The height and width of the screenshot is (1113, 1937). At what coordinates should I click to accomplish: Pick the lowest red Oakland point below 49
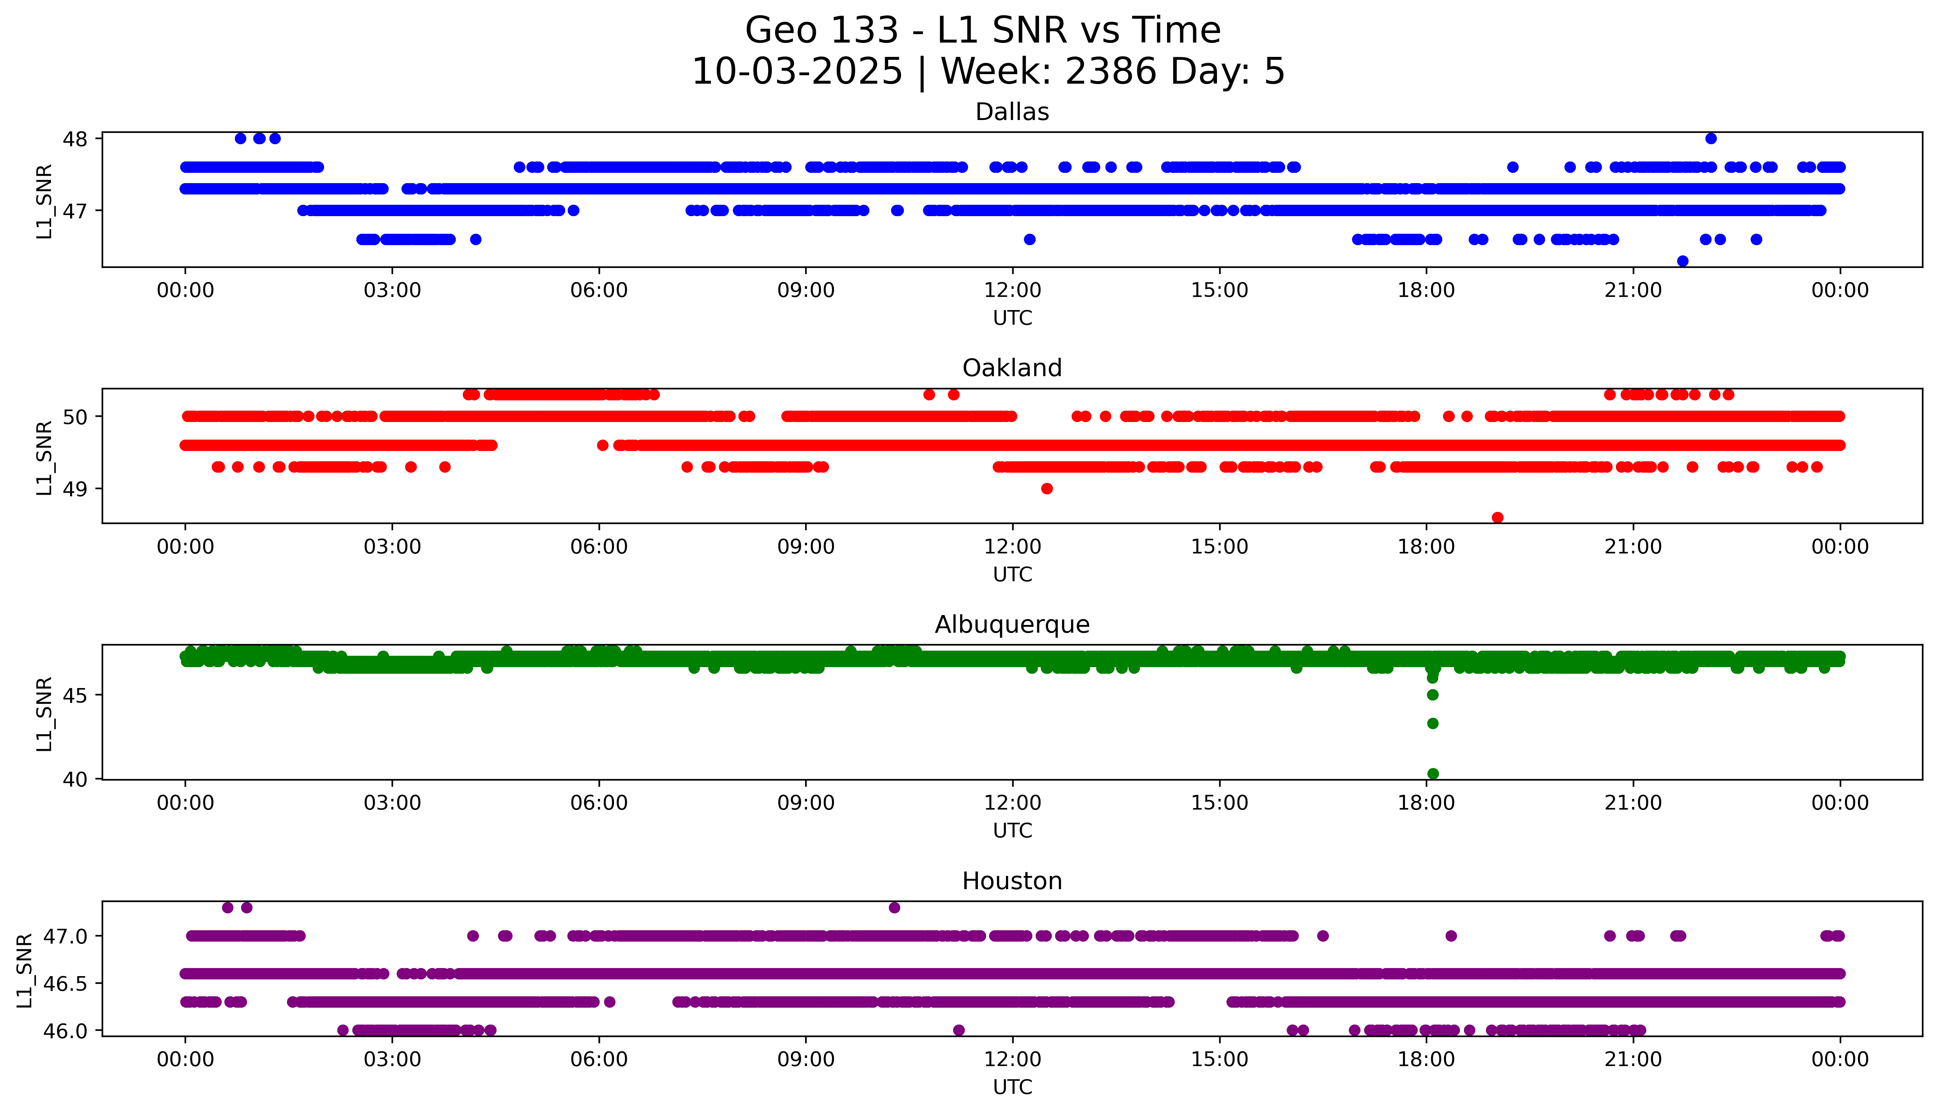[x=1497, y=517]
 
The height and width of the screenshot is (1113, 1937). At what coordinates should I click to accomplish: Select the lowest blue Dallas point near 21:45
[x=1682, y=261]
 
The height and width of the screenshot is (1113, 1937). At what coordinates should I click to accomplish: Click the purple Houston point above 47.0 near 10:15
[x=894, y=908]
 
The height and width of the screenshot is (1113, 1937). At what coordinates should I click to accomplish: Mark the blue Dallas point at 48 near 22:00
[x=1711, y=138]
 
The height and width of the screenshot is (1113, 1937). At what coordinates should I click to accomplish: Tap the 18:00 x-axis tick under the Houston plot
[x=1427, y=1059]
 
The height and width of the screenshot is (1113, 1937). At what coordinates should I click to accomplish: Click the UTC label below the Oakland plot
[x=1012, y=574]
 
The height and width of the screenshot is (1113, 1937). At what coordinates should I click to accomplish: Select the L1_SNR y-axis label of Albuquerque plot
[x=44, y=713]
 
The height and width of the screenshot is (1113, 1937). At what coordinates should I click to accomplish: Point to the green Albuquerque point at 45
[x=1432, y=695]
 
